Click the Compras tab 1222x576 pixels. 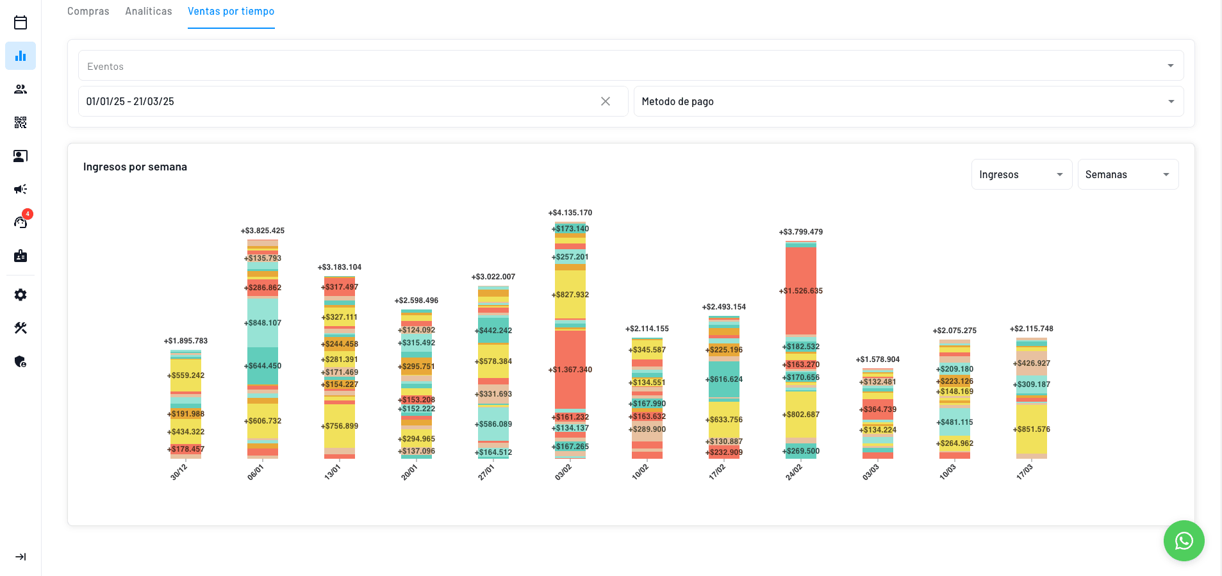point(88,12)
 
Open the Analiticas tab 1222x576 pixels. point(149,12)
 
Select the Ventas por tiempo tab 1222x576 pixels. point(231,12)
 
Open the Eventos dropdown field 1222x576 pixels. point(631,66)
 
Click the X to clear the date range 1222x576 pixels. point(606,101)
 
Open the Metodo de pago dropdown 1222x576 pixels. point(908,101)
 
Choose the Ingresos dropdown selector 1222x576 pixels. point(1021,174)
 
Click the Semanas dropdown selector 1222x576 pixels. point(1127,174)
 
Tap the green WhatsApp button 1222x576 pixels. point(1184,541)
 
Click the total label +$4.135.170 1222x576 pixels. point(570,213)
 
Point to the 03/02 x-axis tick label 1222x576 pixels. point(563,472)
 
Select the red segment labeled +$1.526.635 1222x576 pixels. point(801,291)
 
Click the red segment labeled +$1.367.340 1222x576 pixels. point(570,370)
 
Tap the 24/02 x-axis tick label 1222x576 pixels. point(794,472)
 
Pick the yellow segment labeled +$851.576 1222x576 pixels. point(1032,429)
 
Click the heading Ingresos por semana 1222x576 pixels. point(135,167)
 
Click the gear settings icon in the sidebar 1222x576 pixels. point(21,295)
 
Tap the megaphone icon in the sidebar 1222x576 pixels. point(21,189)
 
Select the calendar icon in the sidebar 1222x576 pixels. point(21,22)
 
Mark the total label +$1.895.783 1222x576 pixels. point(186,341)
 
